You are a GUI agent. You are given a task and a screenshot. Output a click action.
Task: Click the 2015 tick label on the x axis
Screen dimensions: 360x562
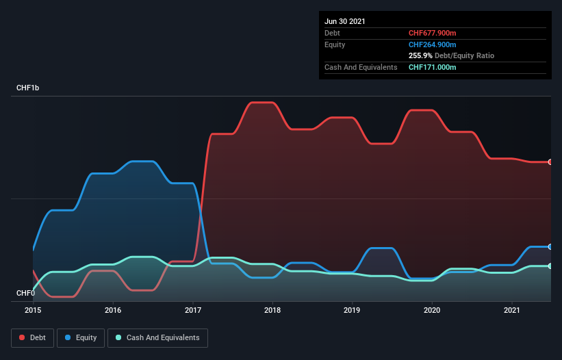point(33,310)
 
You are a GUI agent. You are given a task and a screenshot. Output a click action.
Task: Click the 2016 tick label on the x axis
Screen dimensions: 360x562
point(113,310)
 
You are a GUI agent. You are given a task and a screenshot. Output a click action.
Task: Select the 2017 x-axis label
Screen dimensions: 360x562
point(193,310)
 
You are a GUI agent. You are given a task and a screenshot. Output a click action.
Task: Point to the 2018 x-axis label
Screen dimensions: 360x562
point(272,310)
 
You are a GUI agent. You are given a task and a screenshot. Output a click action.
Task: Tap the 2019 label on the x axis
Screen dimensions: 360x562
point(353,310)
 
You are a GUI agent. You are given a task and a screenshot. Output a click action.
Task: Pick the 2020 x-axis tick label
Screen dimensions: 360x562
point(432,310)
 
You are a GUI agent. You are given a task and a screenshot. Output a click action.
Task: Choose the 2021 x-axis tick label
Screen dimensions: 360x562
point(512,310)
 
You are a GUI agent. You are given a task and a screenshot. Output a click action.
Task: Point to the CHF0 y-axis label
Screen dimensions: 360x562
point(25,293)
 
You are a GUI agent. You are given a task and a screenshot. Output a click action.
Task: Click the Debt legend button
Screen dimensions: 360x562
point(31,337)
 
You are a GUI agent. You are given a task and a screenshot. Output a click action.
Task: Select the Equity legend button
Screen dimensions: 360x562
point(81,337)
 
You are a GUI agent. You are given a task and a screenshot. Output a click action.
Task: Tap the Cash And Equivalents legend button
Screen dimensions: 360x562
point(157,337)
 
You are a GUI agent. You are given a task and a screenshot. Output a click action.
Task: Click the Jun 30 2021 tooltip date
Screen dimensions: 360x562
point(345,21)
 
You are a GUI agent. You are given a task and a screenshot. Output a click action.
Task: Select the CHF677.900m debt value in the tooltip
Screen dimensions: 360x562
point(432,33)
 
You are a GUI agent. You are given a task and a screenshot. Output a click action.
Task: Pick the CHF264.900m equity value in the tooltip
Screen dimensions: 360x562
point(433,44)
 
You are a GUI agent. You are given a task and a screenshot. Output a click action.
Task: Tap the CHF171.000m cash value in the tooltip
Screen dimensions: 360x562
point(432,67)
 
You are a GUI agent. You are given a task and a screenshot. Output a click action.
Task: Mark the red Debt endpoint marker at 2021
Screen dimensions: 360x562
point(550,162)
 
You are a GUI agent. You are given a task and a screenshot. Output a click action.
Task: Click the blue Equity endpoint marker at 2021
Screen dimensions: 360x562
point(550,246)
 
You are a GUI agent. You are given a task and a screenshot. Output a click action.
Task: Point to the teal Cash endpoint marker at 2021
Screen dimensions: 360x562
point(550,266)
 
